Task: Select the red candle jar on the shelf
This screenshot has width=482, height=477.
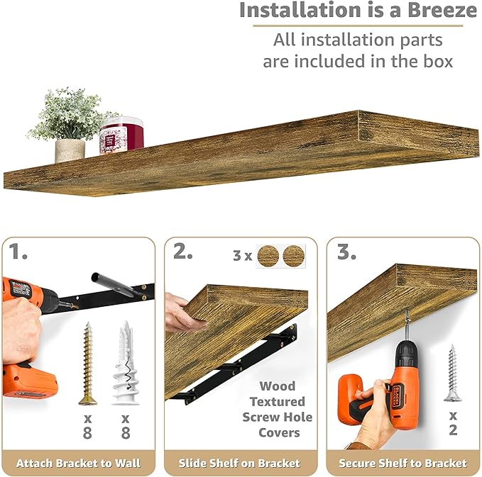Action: [x=121, y=135]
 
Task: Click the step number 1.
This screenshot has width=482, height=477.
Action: [x=18, y=252]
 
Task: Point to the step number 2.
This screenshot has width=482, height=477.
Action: [x=183, y=252]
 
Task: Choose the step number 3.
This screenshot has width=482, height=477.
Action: [x=346, y=252]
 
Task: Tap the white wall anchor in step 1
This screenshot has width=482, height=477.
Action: [x=126, y=363]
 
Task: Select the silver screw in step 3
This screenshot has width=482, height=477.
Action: [x=452, y=372]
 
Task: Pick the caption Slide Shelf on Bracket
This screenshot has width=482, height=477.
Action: [x=241, y=464]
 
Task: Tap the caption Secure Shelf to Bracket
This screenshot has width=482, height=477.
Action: [x=402, y=464]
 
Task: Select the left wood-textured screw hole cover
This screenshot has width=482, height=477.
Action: [x=268, y=256]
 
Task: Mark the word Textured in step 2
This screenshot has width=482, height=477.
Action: [x=277, y=402]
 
